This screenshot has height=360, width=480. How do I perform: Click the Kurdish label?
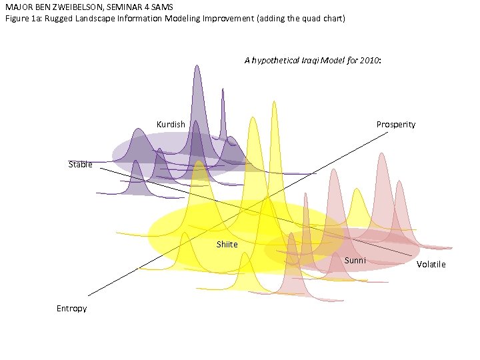171,125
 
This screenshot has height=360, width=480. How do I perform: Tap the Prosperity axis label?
395,125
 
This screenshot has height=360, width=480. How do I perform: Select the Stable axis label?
81,165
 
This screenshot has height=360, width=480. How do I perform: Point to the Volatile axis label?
431,265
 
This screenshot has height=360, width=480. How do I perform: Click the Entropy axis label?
71,309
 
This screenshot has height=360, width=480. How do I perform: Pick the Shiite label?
227,245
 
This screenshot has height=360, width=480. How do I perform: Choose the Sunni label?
355,260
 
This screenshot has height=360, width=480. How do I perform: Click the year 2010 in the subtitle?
369,61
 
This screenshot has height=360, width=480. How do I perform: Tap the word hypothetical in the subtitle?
276,61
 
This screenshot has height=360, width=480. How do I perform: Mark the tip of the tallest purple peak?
197,65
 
